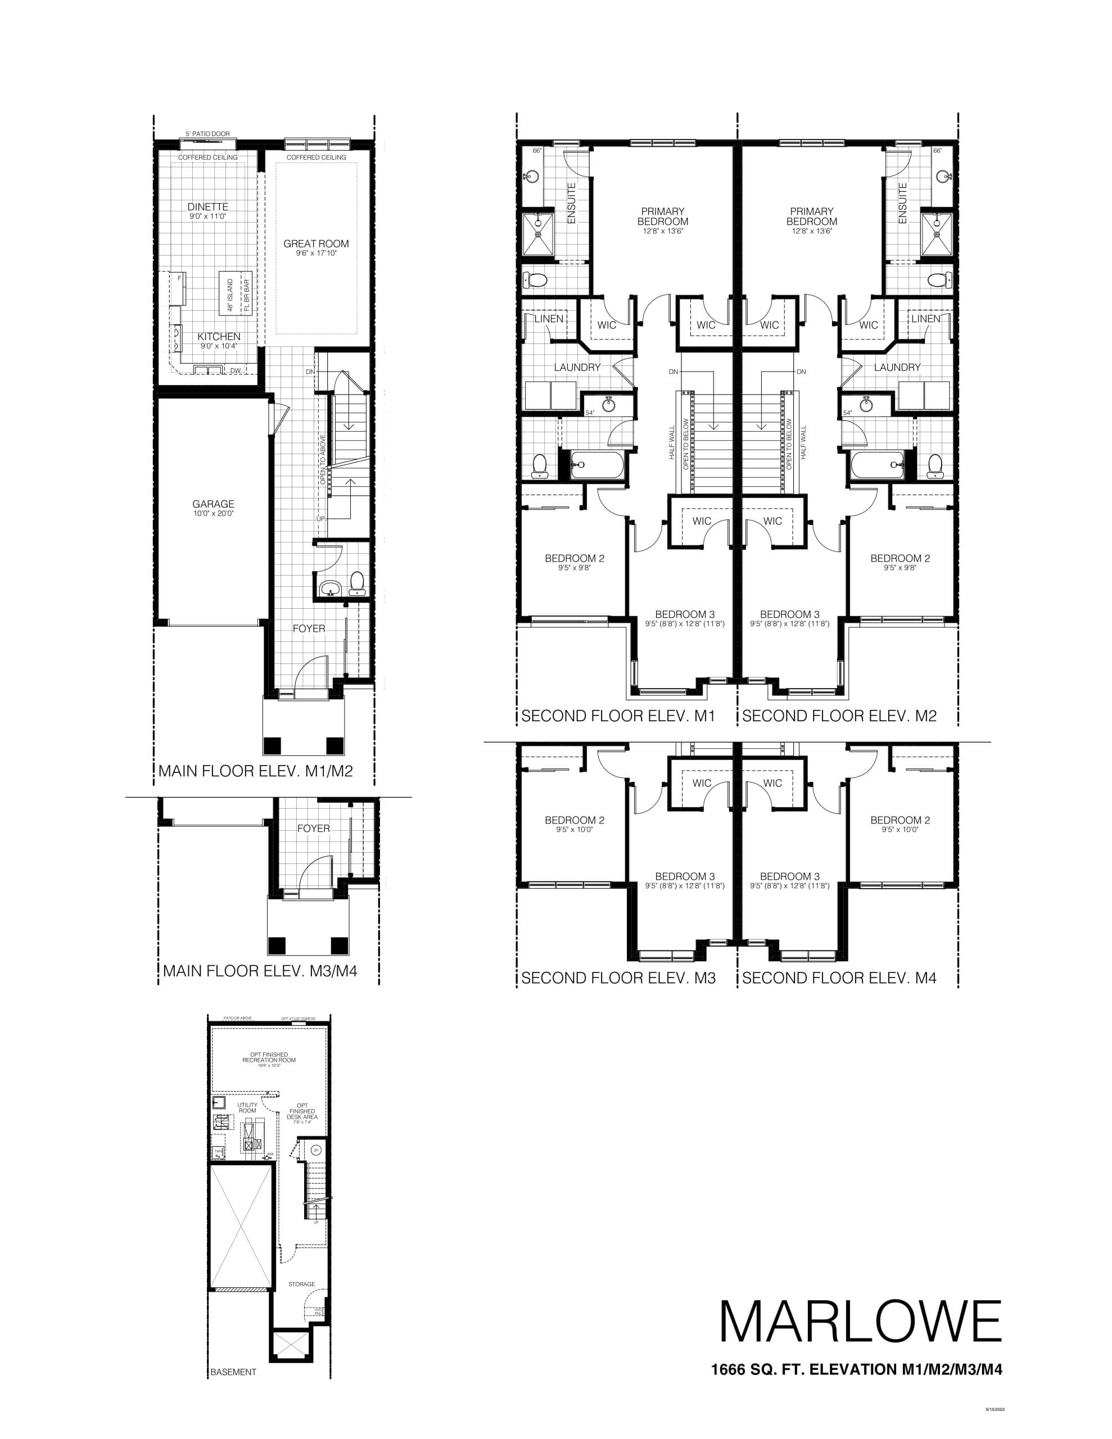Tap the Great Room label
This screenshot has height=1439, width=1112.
point(316,244)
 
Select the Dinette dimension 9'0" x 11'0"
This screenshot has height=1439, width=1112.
point(207,216)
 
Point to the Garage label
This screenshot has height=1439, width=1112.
point(213,504)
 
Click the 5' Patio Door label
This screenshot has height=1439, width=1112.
point(207,134)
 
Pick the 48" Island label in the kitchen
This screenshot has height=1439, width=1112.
point(230,295)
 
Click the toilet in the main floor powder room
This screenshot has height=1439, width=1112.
point(356,581)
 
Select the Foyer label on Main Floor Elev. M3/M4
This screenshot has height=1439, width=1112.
point(313,828)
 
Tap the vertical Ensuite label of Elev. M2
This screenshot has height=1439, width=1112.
point(902,203)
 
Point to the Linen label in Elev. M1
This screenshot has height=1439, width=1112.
point(549,319)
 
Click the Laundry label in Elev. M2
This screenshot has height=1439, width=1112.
point(897,367)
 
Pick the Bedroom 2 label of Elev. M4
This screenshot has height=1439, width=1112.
point(899,820)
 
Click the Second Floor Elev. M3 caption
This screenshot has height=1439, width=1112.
point(618,978)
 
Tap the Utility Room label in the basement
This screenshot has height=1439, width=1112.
point(247,1107)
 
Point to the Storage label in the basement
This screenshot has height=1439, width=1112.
point(301,1284)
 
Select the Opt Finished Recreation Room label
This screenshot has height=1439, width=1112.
point(269,1057)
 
